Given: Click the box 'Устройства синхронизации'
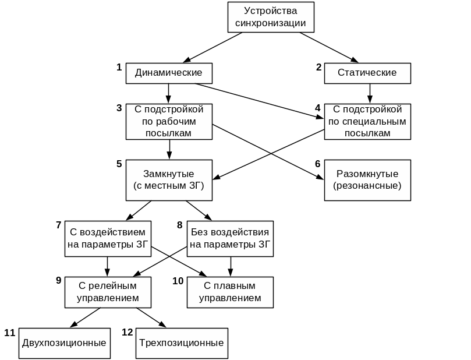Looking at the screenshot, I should click(x=271, y=17).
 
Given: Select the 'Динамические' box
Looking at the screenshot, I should click(x=169, y=73).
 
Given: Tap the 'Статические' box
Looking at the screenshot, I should click(x=367, y=73).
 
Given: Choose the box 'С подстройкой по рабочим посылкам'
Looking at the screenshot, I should click(x=169, y=122).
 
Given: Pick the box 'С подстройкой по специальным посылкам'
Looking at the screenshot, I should click(x=367, y=122).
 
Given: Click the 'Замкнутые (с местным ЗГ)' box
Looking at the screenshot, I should click(x=169, y=180).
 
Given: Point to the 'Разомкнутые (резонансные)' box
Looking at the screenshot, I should click(x=367, y=180).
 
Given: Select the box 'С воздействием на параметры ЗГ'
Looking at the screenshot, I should click(x=108, y=238).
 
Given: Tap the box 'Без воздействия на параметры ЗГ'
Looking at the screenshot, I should click(x=230, y=238).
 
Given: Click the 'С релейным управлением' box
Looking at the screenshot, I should click(x=108, y=292).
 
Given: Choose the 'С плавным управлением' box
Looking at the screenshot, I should click(x=230, y=292).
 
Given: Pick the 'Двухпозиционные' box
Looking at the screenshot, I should click(x=64, y=343).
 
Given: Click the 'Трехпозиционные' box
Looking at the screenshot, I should click(x=182, y=343).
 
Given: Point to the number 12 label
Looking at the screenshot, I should click(x=128, y=332).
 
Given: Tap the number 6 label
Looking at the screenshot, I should click(x=318, y=164).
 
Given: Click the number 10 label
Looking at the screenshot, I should click(x=178, y=281).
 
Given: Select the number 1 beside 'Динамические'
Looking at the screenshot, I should click(x=119, y=67).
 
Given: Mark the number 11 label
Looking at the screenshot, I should click(x=9, y=333).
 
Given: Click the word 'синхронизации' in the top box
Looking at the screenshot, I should click(x=271, y=23).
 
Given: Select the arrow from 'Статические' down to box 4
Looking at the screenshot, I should click(x=369, y=93).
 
